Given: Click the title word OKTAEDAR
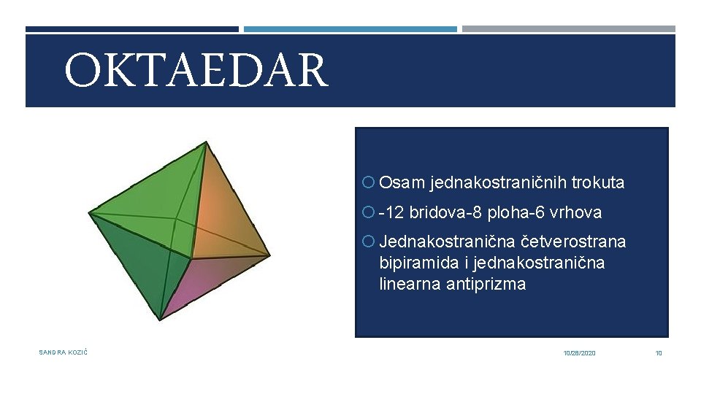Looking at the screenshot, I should (196, 70).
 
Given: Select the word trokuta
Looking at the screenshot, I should (598, 183).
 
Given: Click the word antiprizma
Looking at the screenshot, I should (489, 285).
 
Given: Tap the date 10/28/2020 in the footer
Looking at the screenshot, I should (579, 353).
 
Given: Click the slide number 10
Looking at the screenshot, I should (659, 353).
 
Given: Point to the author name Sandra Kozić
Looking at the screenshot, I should (64, 353).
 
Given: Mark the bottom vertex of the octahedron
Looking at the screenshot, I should (160, 320).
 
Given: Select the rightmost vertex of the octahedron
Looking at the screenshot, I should (270, 255).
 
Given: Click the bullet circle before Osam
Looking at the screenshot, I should (367, 183).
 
